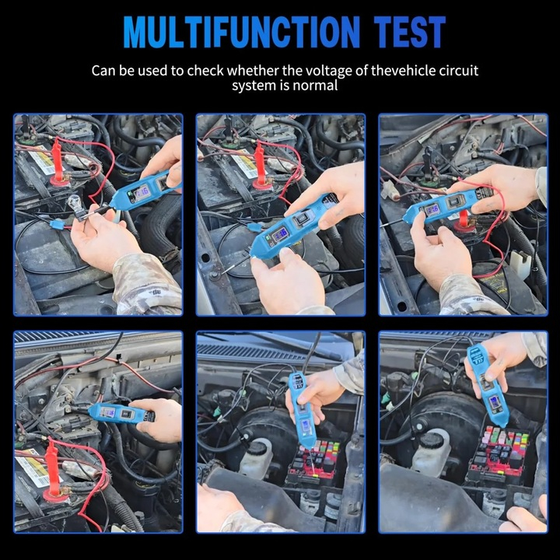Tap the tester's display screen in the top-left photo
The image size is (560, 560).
click(x=144, y=191)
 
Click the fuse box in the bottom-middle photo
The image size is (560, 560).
click(x=311, y=463)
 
